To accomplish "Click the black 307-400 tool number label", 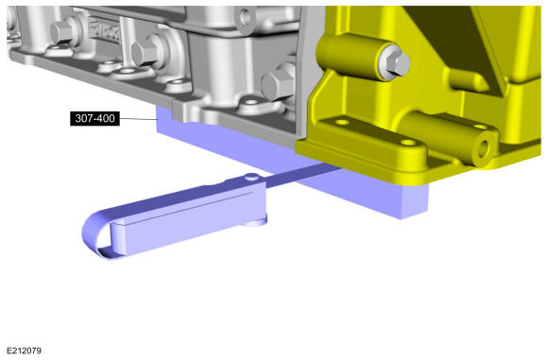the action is (94, 118).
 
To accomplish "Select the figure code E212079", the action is (25, 351).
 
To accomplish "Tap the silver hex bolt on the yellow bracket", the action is (399, 64).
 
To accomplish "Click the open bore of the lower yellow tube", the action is (484, 149).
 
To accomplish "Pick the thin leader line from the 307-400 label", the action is (138, 119).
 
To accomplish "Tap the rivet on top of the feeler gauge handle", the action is (251, 177).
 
